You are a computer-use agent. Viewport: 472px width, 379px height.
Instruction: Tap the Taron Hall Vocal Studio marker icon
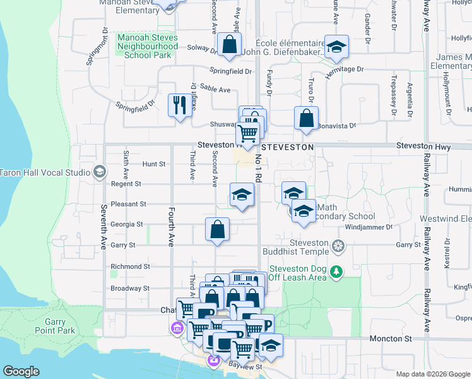tap(99, 172)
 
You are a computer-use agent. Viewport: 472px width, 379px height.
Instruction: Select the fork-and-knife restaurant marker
tap(179, 105)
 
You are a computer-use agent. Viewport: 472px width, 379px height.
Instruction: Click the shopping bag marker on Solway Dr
tap(228, 45)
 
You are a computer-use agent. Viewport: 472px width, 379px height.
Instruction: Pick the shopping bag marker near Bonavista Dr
tap(306, 119)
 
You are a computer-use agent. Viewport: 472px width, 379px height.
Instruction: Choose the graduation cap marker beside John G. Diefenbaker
tap(336, 47)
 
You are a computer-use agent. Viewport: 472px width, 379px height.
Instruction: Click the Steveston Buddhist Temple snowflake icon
tap(338, 245)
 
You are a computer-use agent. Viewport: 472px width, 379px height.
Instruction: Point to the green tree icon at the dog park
tap(337, 272)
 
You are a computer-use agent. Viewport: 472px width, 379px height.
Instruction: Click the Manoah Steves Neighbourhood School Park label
tap(148, 46)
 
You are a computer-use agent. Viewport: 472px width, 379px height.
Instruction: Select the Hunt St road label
tap(154, 164)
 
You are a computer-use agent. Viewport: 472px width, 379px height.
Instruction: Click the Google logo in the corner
tap(21, 371)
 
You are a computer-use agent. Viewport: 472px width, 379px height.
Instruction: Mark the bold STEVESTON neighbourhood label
tap(287, 147)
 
